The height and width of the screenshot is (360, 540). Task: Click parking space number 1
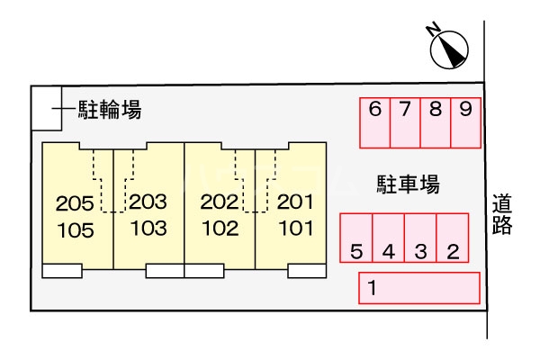[419, 289]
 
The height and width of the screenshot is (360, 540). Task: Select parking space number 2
[453, 238]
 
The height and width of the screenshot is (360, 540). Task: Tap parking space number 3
[420, 238]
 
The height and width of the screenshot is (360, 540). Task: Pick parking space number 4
[389, 238]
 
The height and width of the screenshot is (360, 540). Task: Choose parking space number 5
[356, 238]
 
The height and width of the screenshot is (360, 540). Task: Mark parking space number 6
[375, 122]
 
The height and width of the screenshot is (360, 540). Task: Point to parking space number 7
[405, 122]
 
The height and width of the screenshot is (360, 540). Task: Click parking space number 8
[436, 122]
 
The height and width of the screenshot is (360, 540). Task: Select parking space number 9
[465, 122]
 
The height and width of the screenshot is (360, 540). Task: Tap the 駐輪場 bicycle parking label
[108, 111]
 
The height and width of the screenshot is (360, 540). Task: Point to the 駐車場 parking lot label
[408, 185]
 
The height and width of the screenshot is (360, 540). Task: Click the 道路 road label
[502, 215]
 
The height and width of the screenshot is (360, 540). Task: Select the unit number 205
[75, 202]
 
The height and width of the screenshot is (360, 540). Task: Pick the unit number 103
[148, 229]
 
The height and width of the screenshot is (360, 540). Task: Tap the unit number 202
[219, 202]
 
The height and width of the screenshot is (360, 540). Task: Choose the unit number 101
[294, 228]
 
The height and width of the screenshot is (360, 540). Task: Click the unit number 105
[75, 229]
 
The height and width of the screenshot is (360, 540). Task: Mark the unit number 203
[148, 202]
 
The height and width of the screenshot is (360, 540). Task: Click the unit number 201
[294, 202]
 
